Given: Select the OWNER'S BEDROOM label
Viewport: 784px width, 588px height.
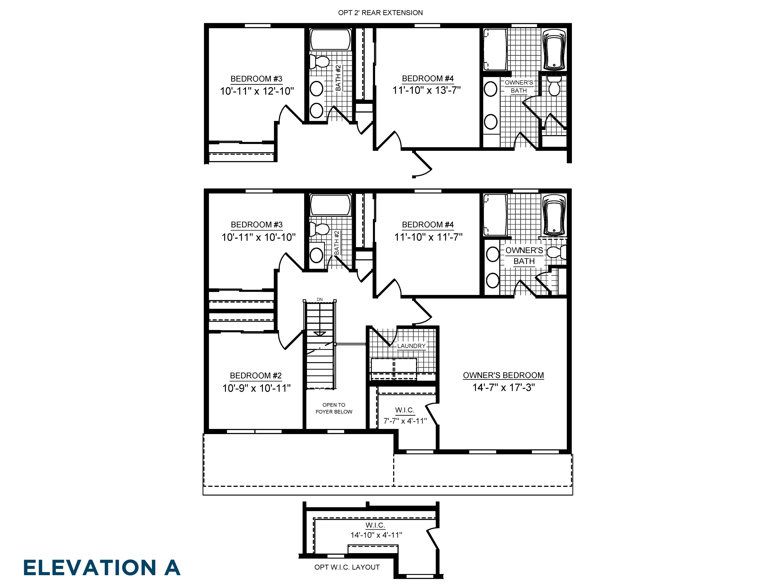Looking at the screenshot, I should (x=503, y=375).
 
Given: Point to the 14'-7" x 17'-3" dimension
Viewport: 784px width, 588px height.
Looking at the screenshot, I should (x=503, y=387).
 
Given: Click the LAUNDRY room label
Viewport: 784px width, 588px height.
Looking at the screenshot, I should (x=411, y=346).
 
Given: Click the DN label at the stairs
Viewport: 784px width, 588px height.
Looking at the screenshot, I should (x=320, y=299).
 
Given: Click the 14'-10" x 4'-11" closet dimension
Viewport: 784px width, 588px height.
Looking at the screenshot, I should (x=376, y=535).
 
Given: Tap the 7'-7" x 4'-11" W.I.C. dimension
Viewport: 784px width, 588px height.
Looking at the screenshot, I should (x=405, y=421).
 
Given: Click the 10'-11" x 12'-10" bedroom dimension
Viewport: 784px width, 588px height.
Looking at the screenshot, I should (x=257, y=91).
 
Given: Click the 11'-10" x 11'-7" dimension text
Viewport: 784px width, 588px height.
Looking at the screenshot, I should (x=428, y=237).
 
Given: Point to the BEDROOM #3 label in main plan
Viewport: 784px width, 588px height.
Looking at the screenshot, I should (x=257, y=225).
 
